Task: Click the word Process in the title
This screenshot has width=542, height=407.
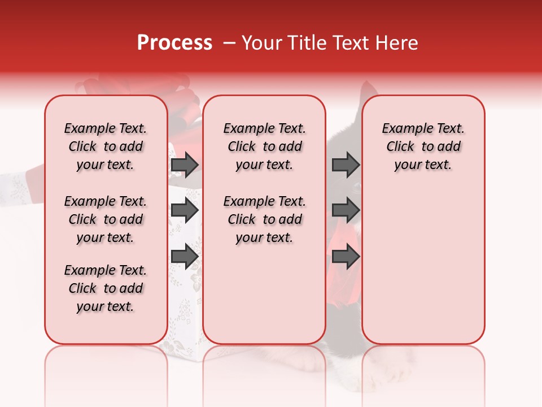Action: coord(174,43)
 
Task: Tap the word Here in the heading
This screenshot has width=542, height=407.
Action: coord(398,43)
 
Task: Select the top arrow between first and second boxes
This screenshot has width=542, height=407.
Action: coord(185,164)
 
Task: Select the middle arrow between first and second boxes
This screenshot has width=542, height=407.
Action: coord(185,211)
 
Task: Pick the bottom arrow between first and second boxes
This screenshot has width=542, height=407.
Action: coord(185,257)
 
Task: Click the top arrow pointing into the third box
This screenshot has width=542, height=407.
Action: coord(346,164)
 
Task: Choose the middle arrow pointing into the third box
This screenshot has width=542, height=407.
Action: coord(346,211)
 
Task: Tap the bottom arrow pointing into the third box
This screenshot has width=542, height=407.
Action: coord(346,257)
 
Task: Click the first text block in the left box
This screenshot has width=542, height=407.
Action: coord(106,146)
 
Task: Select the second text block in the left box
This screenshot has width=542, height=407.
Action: coord(106,219)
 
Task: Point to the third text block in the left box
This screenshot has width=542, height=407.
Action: coord(106,288)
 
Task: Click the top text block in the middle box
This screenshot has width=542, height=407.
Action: coord(264,146)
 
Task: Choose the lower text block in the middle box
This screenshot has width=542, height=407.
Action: coord(264,219)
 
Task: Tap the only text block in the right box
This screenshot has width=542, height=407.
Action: coord(423,146)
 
